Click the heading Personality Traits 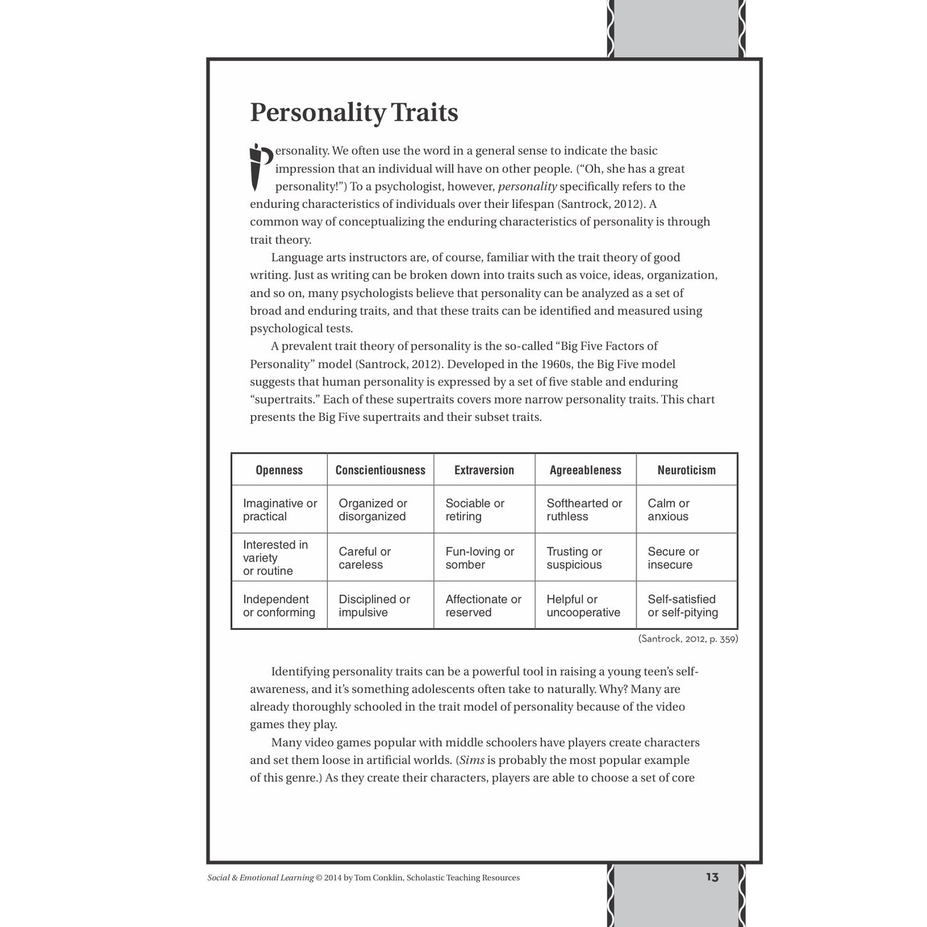pos(353,112)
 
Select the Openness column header pos(279,470)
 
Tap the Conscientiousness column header pos(380,470)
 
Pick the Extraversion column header pos(484,470)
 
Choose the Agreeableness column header pos(585,470)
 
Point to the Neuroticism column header pos(686,470)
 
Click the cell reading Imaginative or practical pos(280,510)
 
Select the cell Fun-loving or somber pos(480,558)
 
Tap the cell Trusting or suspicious pos(574,558)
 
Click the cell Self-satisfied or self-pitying pos(683,606)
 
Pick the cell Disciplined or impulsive pos(374,606)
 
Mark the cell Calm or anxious pos(668,510)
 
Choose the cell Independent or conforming pos(279,606)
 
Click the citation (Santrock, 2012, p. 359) pos(688,639)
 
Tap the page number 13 pos(712,877)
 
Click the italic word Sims pos(472,760)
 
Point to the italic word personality pos(527,187)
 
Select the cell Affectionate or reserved pos(483,606)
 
